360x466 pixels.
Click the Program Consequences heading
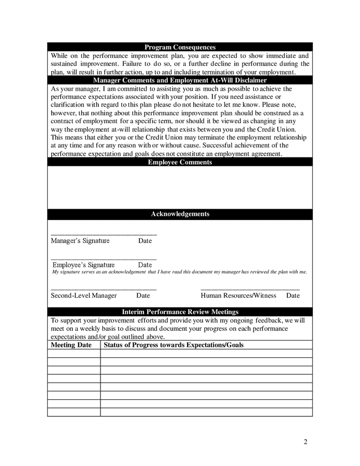point(180,47)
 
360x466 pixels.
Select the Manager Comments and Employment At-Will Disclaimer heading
point(180,80)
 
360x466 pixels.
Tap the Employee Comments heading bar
point(180,162)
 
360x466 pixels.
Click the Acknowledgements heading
point(180,214)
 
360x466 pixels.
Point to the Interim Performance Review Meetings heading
point(180,312)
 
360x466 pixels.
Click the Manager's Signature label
point(80,241)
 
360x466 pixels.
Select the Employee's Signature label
point(83,265)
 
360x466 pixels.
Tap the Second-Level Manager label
point(83,296)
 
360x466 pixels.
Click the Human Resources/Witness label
point(231,296)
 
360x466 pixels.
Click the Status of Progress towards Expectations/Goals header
point(174,345)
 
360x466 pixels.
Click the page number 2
point(306,442)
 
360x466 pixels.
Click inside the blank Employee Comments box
point(180,187)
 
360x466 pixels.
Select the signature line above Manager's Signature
point(104,235)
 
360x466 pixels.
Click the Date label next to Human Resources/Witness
point(293,296)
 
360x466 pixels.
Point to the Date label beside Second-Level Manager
point(143,296)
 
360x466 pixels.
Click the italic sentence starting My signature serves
point(179,272)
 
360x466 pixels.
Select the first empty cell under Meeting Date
point(74,354)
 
